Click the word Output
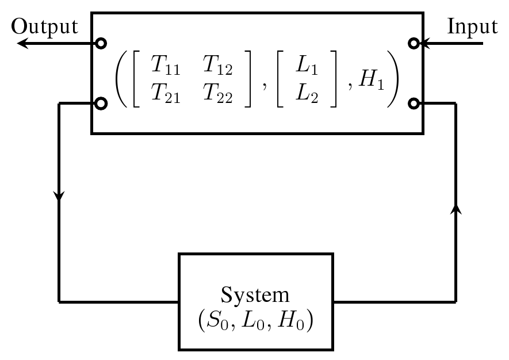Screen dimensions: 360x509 pos(44,26)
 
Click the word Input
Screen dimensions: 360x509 pos(472,26)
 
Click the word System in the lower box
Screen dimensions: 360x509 pos(255,295)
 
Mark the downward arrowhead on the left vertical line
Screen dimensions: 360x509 pos(59,196)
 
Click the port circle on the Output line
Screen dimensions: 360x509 pos(101,43)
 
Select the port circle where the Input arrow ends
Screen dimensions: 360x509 pos(414,43)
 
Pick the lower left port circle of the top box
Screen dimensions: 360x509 pos(101,104)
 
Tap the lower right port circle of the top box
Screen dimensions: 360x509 pos(414,104)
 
